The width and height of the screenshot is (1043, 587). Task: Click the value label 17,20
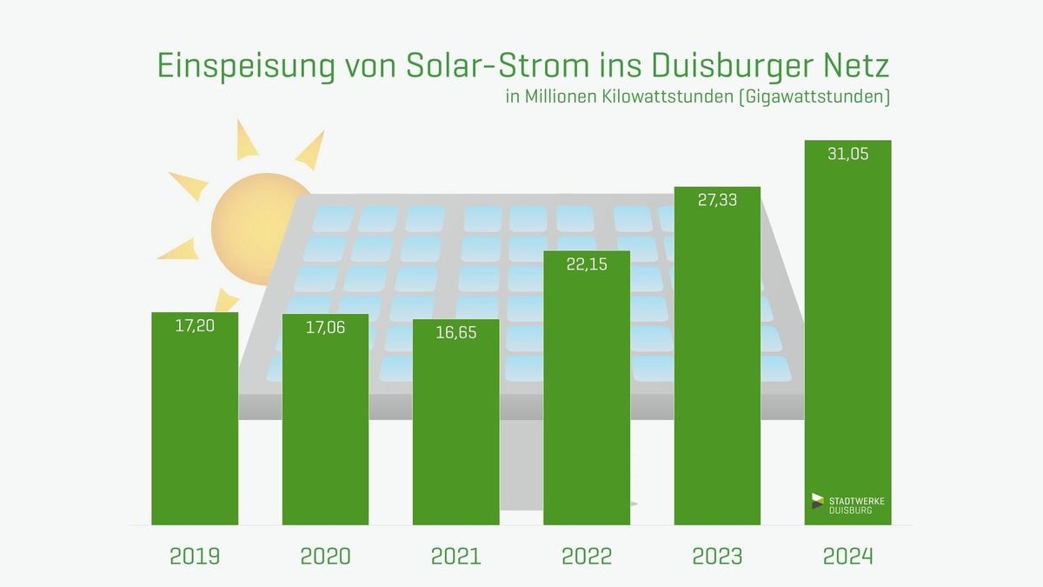195,329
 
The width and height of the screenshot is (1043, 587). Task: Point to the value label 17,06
325,330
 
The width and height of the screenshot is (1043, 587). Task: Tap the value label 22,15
587,266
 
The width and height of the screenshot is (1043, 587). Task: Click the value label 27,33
717,200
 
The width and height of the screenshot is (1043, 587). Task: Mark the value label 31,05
847,155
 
